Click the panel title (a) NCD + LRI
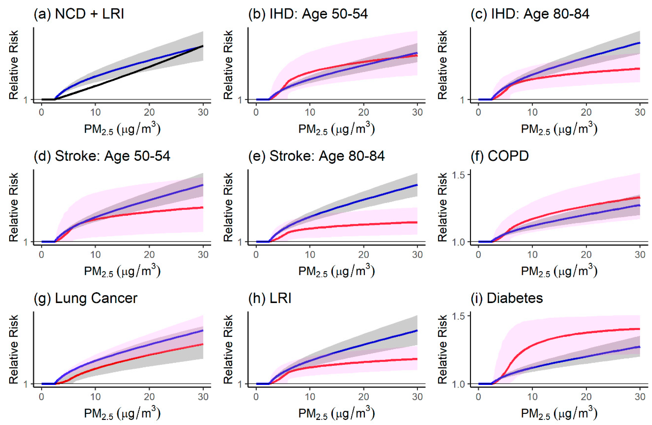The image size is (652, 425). (x=79, y=14)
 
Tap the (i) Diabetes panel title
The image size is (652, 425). (x=507, y=298)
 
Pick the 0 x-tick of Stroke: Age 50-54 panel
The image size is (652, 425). (x=42, y=254)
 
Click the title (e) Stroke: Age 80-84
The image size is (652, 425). (x=316, y=156)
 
